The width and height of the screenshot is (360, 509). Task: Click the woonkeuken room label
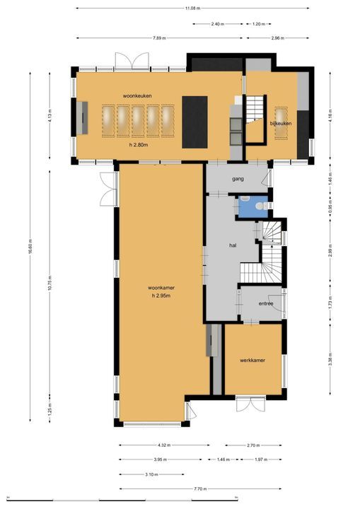coord(137,95)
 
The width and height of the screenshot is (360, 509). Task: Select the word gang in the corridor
coord(238,179)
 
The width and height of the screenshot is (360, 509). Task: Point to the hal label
coord(232,245)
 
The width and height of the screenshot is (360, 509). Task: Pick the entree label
coord(265,303)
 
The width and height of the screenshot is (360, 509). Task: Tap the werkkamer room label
coord(252,361)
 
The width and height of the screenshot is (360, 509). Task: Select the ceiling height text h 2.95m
coord(162,296)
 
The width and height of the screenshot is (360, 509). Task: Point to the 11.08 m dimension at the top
coord(192,8)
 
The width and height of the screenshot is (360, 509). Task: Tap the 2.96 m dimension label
coord(277,37)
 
